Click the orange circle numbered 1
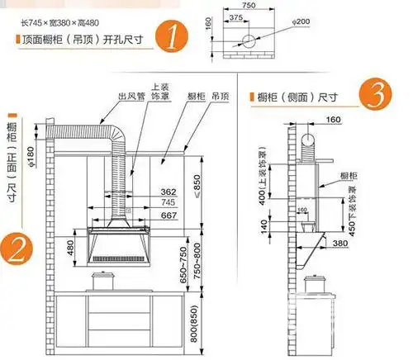pos(172,38)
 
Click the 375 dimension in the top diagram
pos(235,17)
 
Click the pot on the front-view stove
pos(104,282)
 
